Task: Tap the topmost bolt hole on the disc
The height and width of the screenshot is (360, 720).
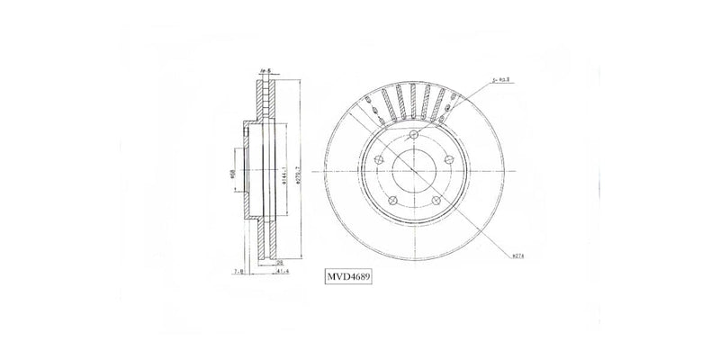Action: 413,136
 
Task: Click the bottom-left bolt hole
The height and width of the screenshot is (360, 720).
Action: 391,201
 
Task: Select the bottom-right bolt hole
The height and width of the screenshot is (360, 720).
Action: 436,201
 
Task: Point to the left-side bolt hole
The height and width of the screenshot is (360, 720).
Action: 378,160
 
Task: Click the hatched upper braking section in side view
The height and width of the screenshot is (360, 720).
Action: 265,97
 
